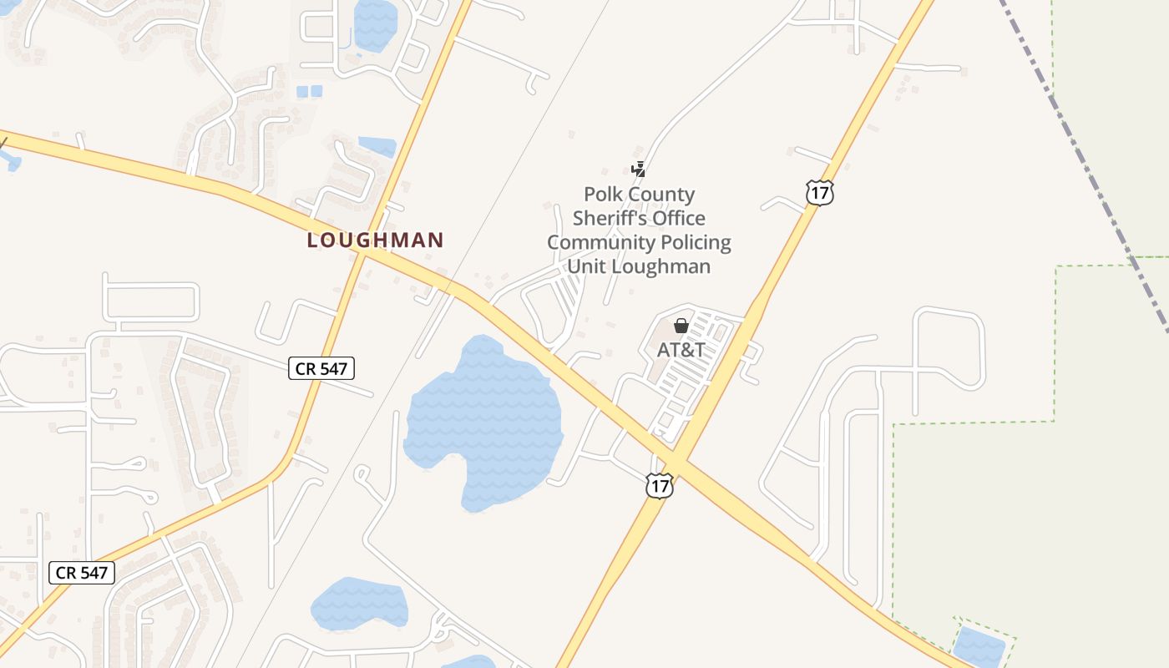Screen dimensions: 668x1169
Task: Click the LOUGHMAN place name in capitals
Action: [x=375, y=240]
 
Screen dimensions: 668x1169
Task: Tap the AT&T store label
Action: [x=681, y=350]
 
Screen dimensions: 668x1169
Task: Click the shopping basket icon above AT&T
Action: [x=681, y=326]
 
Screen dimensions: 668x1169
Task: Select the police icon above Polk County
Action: [x=638, y=170]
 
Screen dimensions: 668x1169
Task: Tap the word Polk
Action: [x=602, y=195]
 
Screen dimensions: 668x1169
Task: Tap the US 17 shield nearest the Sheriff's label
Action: [x=820, y=194]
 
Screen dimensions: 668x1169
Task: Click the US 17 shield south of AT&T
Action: [x=659, y=485]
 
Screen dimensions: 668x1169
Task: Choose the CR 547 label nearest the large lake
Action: [x=321, y=367]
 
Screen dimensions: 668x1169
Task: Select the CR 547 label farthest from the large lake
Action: [x=81, y=573]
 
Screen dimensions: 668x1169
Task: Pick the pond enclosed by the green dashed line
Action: [x=979, y=645]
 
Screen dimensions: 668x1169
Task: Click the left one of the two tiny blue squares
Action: [x=302, y=91]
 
